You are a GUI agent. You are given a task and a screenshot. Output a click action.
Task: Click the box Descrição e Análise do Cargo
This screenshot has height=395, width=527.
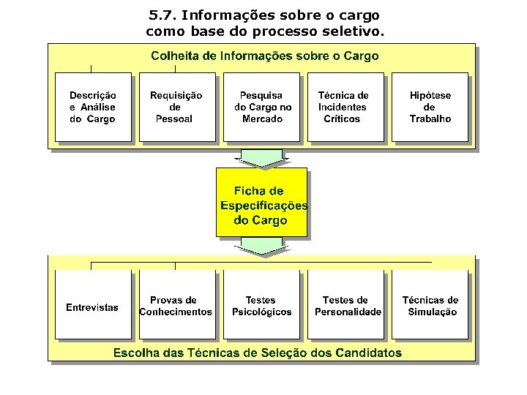tap(93, 107)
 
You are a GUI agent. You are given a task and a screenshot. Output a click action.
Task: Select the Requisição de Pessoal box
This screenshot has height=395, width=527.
tap(176, 107)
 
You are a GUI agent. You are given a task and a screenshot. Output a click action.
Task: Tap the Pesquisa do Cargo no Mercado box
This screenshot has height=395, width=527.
tap(262, 107)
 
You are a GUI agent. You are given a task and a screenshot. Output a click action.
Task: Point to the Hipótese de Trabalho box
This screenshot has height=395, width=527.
tap(430, 107)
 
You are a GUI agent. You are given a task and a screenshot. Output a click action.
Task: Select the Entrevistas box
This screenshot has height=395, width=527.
tap(93, 305)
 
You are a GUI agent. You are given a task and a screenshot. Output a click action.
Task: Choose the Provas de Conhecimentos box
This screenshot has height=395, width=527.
tap(176, 305)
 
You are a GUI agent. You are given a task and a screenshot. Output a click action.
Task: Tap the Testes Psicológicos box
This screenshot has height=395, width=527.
tap(261, 305)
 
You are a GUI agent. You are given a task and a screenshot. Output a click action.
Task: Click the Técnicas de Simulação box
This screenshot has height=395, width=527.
tap(430, 305)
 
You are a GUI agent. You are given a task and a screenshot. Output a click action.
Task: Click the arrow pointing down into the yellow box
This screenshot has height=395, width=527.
tap(261, 158)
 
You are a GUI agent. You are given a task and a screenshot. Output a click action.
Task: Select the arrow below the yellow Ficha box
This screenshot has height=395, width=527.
tap(261, 247)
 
